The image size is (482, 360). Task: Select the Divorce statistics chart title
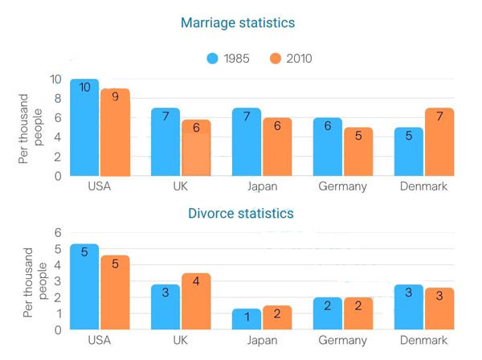coord(240,214)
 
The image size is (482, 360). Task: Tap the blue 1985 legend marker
coord(213,58)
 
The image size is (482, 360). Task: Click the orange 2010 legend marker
coord(275,58)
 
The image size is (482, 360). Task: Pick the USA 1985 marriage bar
coord(84,129)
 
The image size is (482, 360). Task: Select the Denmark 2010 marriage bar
coord(440,142)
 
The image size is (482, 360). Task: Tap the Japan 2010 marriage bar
coord(277,147)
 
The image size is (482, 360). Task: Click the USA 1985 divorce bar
coord(84,287)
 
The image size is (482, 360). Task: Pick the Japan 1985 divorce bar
coord(247,319)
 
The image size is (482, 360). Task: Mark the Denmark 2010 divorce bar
coord(440,309)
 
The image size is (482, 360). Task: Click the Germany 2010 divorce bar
coord(358,313)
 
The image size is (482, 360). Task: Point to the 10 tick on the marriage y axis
coord(55,80)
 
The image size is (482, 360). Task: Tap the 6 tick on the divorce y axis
coord(57,233)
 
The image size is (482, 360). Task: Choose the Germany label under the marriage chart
coord(342,187)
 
